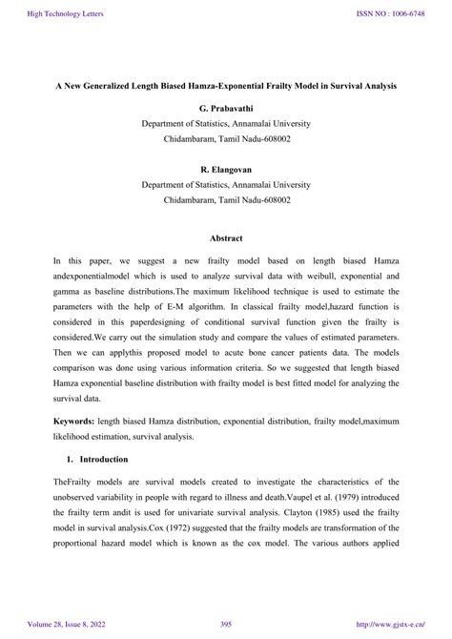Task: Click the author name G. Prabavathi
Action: (x=225, y=108)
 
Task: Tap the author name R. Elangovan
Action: (x=225, y=168)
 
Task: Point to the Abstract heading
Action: (x=226, y=237)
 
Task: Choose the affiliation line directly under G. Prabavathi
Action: (x=225, y=124)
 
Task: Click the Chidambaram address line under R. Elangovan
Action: (x=225, y=200)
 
